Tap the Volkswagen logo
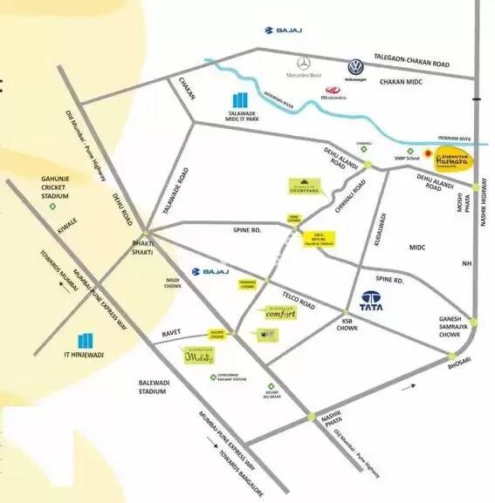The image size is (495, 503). pyautogui.click(x=355, y=68)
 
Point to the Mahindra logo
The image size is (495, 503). pyautogui.click(x=333, y=91)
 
